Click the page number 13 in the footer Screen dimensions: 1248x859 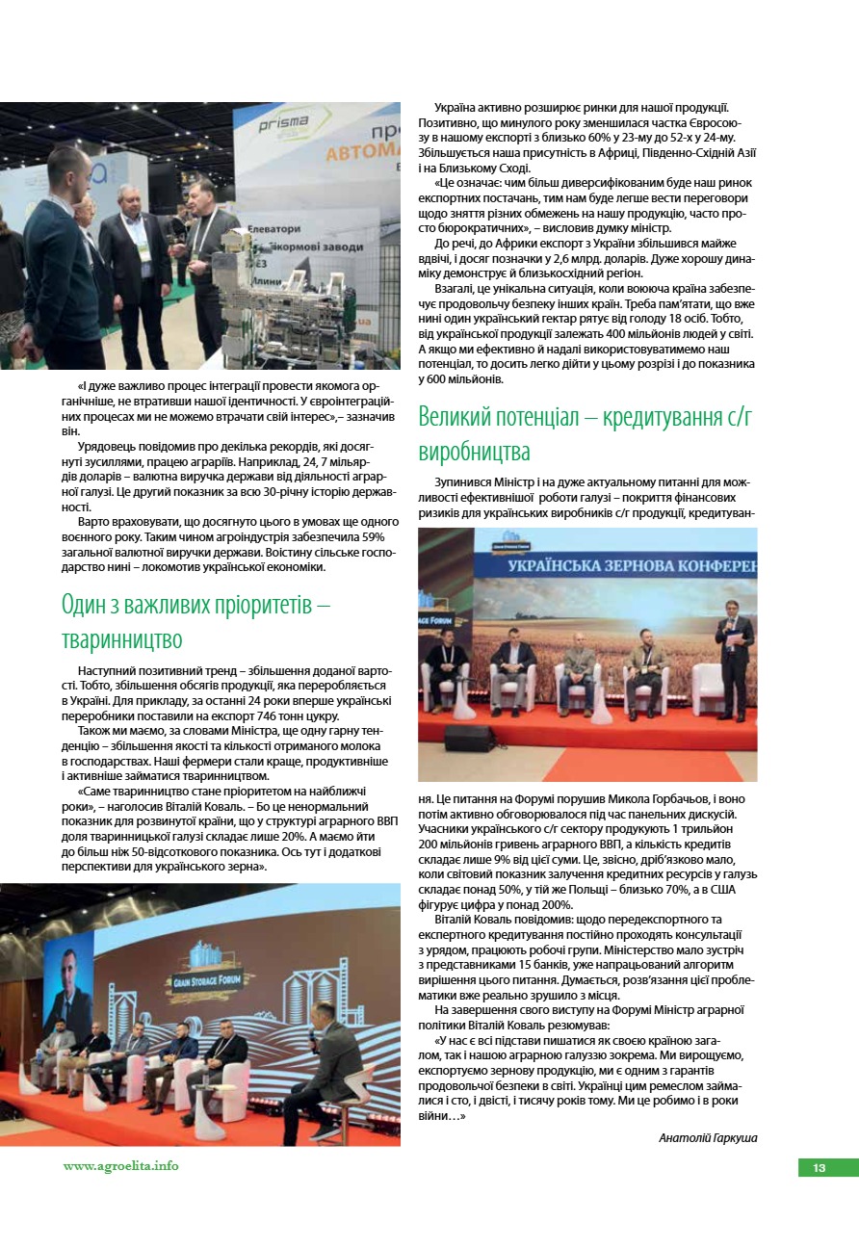click(x=820, y=1167)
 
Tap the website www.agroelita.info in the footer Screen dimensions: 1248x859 click(x=121, y=1165)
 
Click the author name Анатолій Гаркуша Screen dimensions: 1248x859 click(x=708, y=1137)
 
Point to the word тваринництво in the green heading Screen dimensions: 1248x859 click(x=121, y=639)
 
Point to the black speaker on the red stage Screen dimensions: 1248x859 click(x=468, y=738)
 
